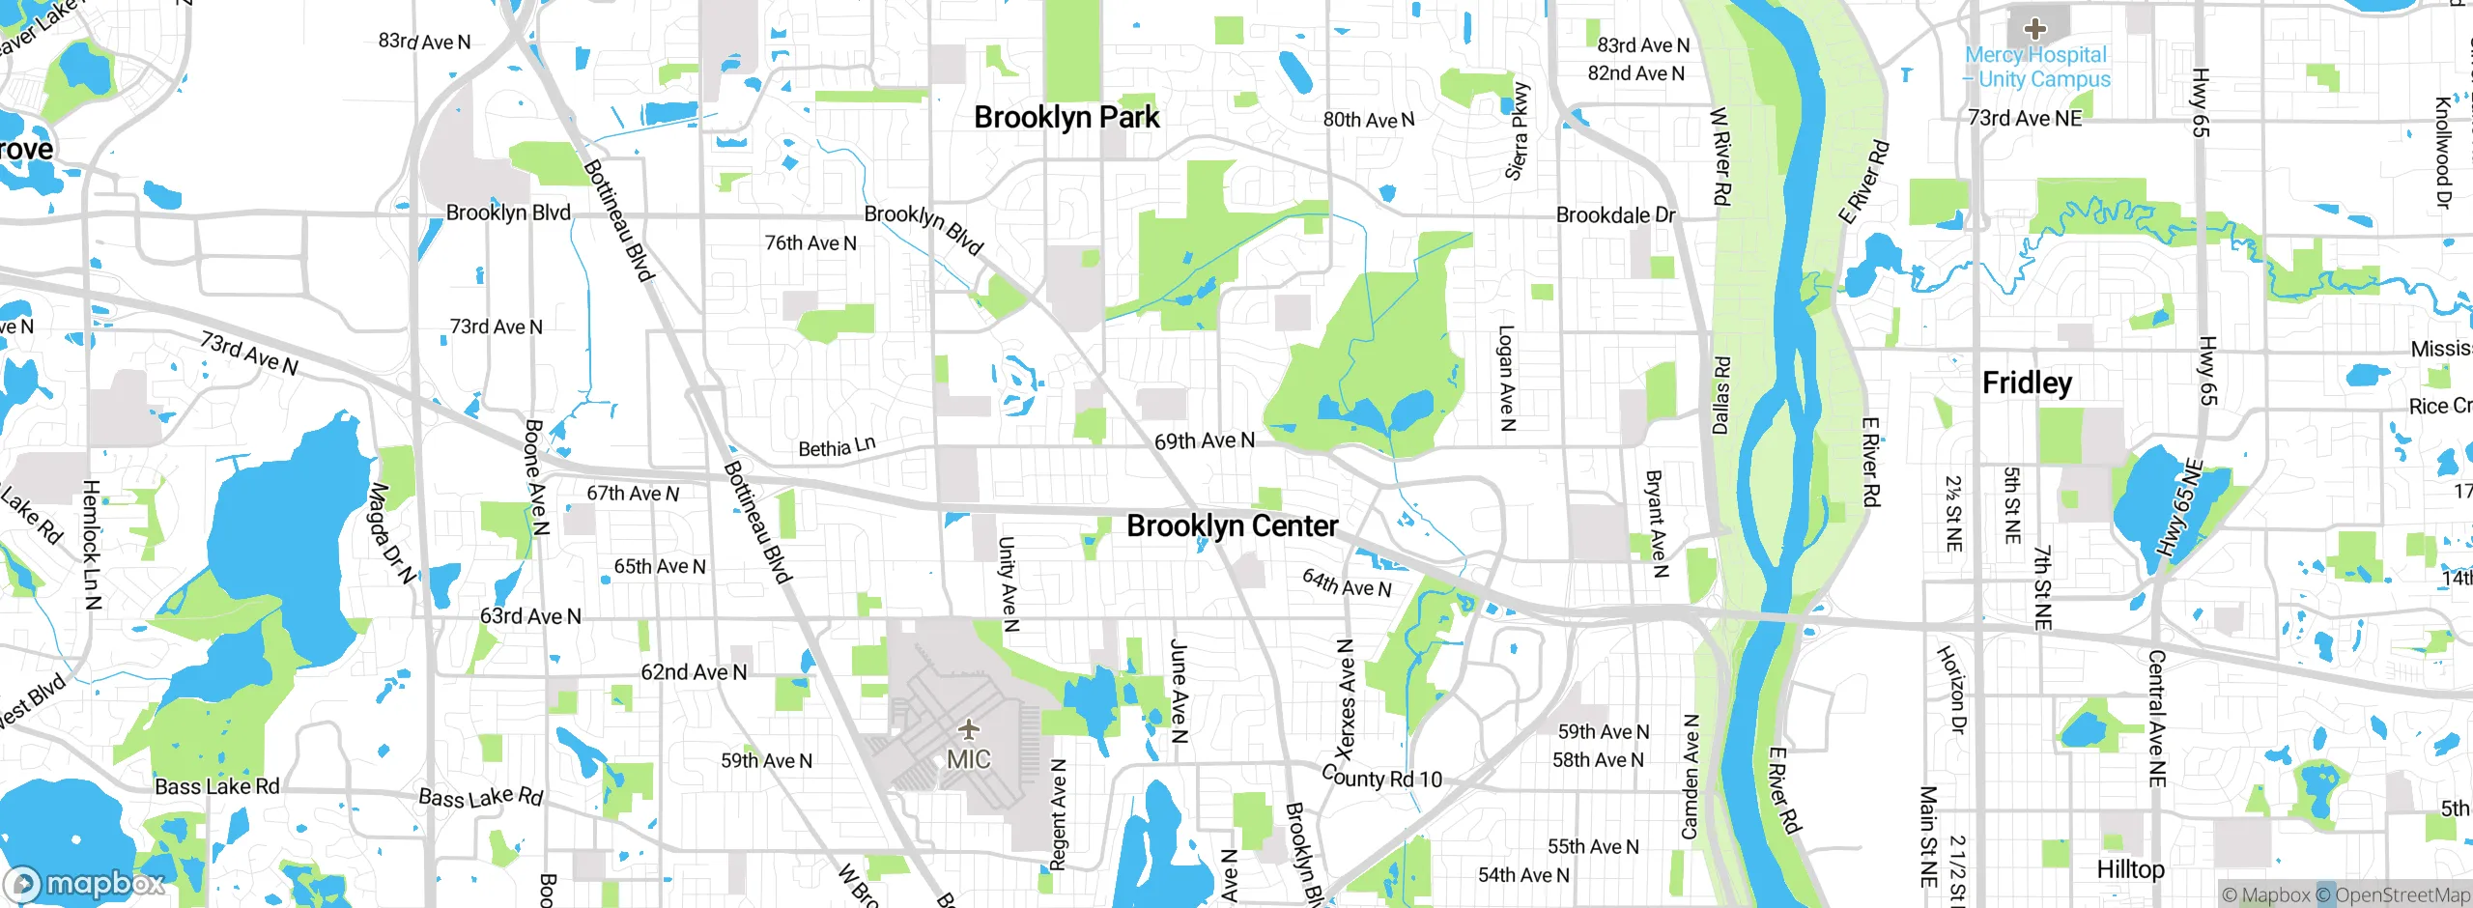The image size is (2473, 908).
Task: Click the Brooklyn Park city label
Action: coord(1066,118)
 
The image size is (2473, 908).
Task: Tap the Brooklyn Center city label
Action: coord(1232,526)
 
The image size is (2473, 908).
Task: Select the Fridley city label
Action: coord(2027,383)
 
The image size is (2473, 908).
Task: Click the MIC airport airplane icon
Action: coord(968,729)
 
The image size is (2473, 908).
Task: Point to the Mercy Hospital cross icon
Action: coord(2035,29)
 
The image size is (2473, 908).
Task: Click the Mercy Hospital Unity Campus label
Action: coord(2038,68)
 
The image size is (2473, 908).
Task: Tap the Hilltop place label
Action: coord(2129,869)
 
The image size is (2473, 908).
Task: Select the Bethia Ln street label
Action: coord(837,447)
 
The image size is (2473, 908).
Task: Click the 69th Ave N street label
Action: coord(1205,441)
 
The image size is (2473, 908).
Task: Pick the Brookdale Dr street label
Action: coord(1615,215)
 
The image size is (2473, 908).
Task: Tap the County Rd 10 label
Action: coord(1381,778)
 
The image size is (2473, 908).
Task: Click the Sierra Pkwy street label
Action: coord(1518,131)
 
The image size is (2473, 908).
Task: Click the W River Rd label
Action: coord(1720,156)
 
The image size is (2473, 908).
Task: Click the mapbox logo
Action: coord(85,883)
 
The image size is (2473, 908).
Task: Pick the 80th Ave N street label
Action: coord(1368,120)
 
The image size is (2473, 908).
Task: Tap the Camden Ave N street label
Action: coord(1690,777)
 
